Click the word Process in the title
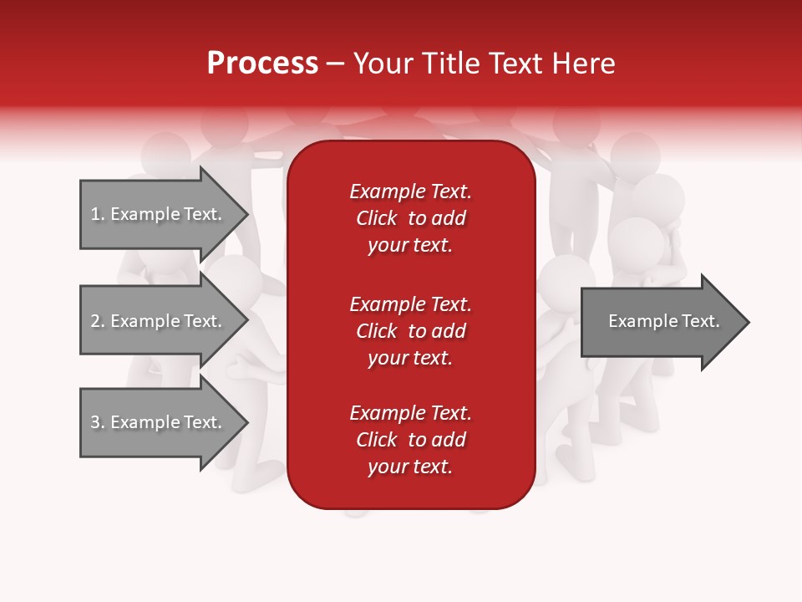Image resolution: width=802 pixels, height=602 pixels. pos(262,64)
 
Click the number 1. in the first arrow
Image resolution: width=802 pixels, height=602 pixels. pos(98,214)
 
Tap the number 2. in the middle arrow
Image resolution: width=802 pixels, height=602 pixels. pos(98,321)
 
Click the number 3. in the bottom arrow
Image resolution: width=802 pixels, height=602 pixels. pos(98,422)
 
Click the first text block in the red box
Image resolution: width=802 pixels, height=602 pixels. pos(410,218)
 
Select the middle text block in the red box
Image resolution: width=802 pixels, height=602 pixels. pos(410,331)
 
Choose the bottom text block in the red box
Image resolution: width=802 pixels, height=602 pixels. pos(410,440)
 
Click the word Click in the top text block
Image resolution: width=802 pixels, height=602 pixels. pos(377,218)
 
